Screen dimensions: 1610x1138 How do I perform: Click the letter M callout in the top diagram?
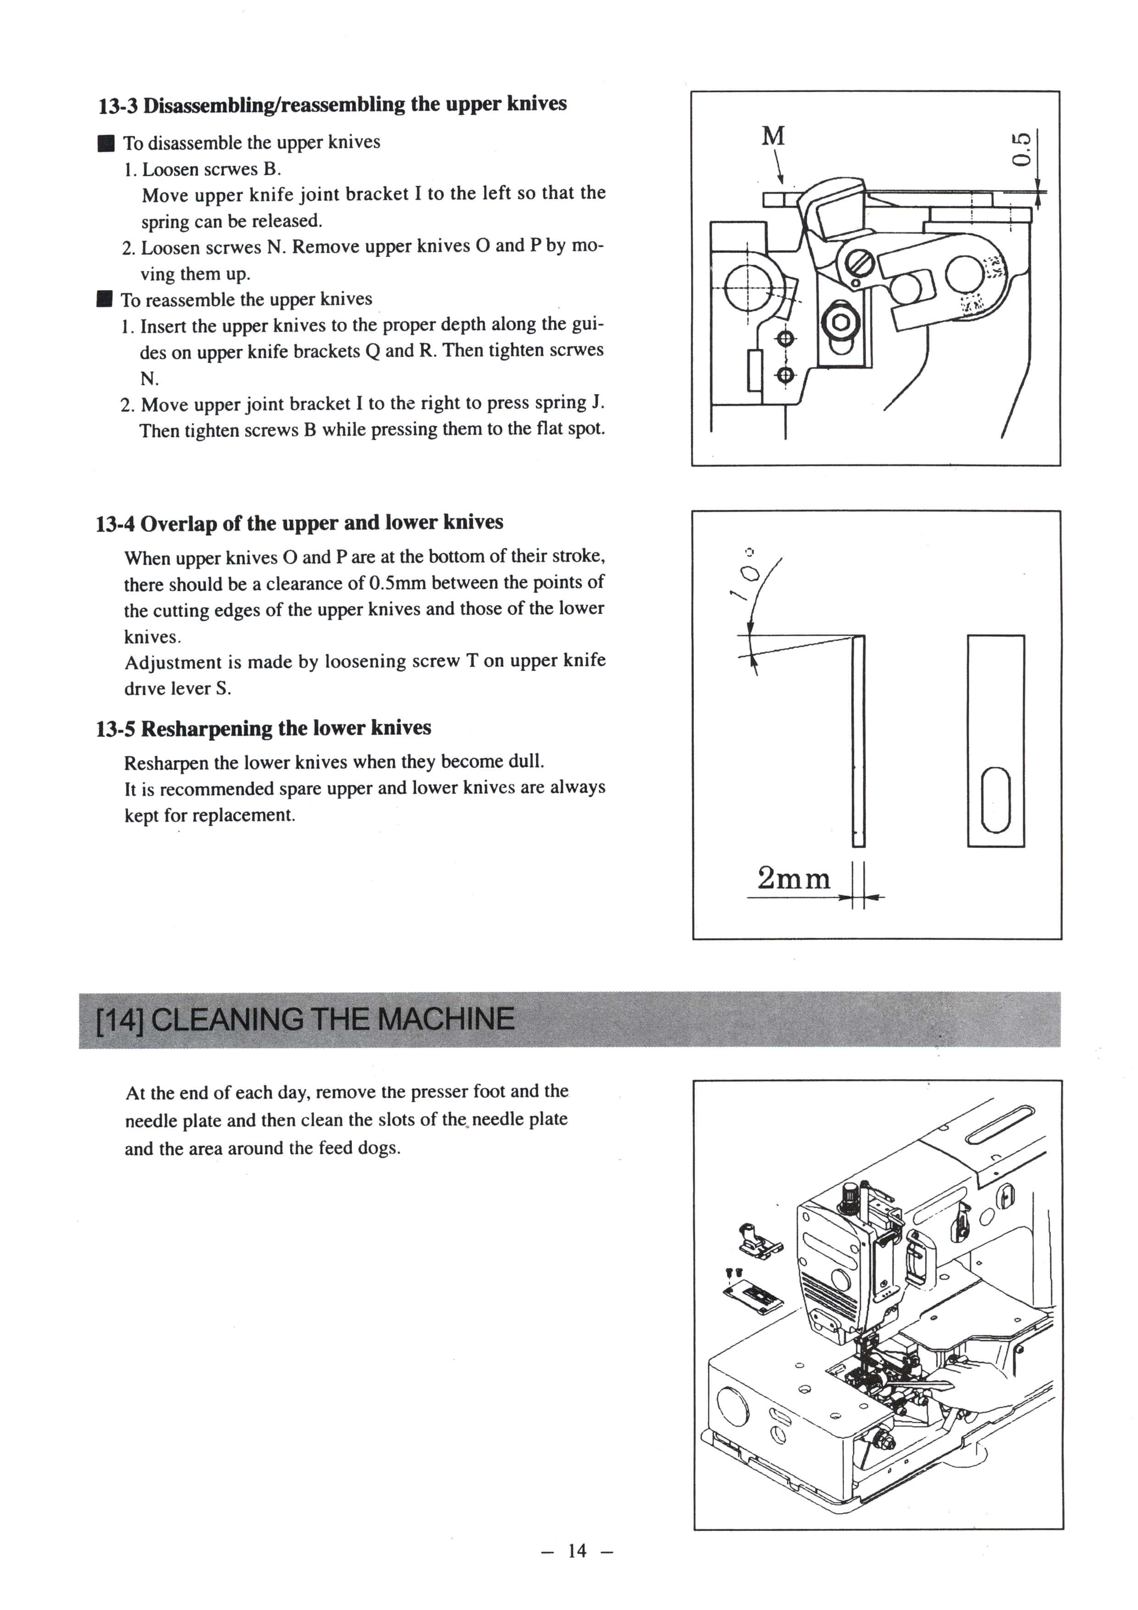click(773, 135)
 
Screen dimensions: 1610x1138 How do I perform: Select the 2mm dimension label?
click(793, 878)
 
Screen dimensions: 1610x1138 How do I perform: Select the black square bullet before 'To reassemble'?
click(105, 301)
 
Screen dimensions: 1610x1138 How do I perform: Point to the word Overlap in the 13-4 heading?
click(178, 523)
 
